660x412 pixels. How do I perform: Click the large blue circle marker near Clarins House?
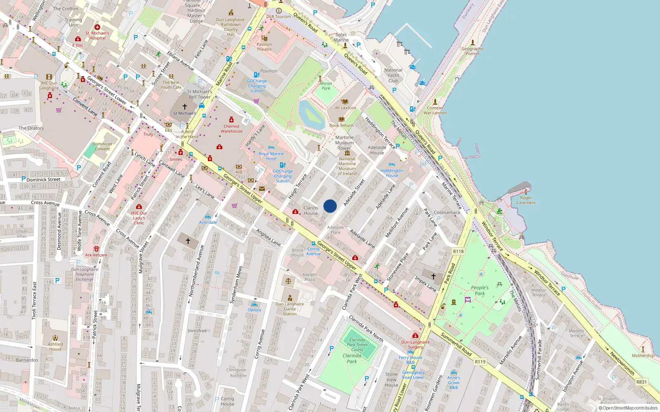click(x=330, y=206)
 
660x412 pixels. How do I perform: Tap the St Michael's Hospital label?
click(x=97, y=35)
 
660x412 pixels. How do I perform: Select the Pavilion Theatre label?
click(x=264, y=47)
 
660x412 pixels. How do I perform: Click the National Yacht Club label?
click(x=393, y=75)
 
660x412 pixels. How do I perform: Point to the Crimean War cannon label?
click(x=435, y=110)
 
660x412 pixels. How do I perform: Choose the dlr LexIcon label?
click(x=345, y=108)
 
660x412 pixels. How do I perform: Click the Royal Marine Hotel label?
click(x=271, y=156)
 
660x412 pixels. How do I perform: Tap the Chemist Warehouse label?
click(x=231, y=129)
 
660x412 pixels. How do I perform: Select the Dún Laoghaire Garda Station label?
click(x=290, y=309)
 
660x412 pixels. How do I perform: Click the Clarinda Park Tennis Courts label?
click(x=357, y=345)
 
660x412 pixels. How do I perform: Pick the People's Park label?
click(x=480, y=290)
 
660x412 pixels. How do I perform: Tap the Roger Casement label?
click(x=526, y=200)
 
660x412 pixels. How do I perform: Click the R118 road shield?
click(x=458, y=251)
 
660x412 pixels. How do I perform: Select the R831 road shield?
click(x=641, y=382)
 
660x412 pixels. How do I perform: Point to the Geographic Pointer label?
click(x=473, y=51)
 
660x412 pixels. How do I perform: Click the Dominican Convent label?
click(x=102, y=147)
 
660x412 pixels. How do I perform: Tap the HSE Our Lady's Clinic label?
click(x=139, y=218)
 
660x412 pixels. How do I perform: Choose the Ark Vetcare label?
click(x=96, y=255)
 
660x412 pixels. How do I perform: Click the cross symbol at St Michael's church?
click(x=185, y=107)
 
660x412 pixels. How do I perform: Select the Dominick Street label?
click(x=43, y=180)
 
